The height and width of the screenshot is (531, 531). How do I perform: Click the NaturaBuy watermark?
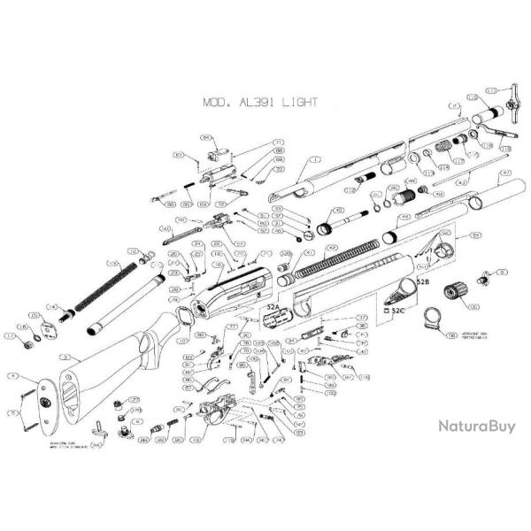[476, 425]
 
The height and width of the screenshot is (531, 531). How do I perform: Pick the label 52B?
[422, 281]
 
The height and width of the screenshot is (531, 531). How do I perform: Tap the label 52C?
[397, 311]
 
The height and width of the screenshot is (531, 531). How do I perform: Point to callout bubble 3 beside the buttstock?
[65, 356]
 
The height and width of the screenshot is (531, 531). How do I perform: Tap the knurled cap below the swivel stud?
[459, 291]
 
